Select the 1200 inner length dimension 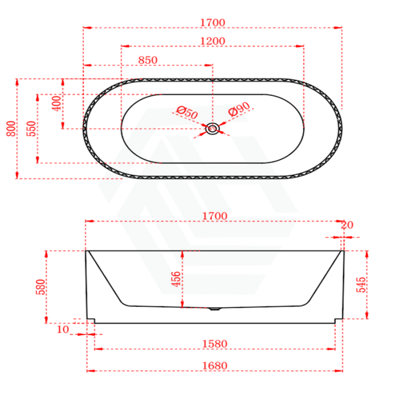point(213,41)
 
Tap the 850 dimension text point(148,60)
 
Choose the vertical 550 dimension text point(31,128)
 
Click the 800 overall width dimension point(11,129)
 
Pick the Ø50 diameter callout point(187,113)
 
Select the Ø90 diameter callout point(239,110)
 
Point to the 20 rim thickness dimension point(348,225)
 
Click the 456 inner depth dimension point(176,279)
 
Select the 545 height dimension point(361,285)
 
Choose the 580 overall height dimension point(40,287)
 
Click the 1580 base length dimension point(215,344)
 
